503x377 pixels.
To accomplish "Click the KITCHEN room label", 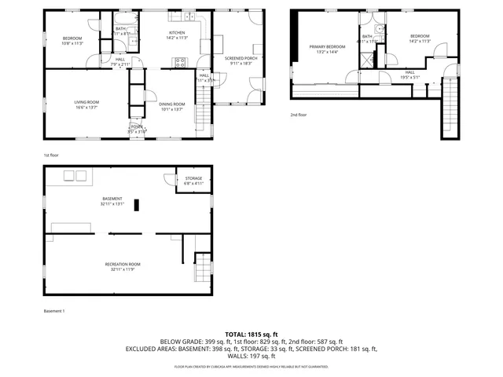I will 175,33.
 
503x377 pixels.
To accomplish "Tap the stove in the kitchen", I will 180,63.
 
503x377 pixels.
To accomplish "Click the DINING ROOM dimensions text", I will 171,109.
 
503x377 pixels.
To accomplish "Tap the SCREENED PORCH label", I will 240,58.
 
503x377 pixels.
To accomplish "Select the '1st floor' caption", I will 51,155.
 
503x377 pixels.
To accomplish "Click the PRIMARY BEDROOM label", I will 325,47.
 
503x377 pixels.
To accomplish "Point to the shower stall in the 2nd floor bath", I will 367,58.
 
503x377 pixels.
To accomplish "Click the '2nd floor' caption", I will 298,115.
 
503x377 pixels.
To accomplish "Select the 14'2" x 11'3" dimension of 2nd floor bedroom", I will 419,41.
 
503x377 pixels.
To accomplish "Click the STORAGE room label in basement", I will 193,178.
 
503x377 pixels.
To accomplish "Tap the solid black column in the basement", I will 137,204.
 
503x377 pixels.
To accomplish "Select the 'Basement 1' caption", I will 54,311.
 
